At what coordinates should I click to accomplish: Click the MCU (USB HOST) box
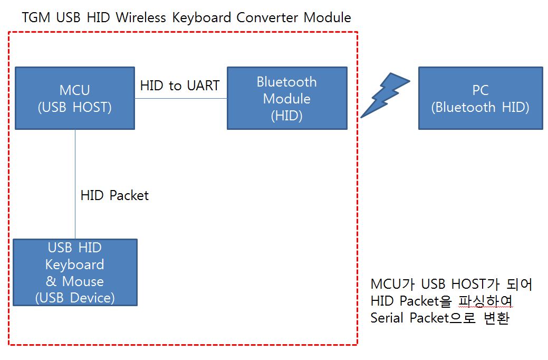pyautogui.click(x=75, y=98)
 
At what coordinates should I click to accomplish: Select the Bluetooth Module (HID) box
pyautogui.click(x=287, y=98)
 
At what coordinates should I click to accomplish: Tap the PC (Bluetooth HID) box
pyautogui.click(x=480, y=98)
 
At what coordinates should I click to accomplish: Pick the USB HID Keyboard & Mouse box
pyautogui.click(x=75, y=272)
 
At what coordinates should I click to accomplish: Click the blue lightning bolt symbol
pyautogui.click(x=384, y=95)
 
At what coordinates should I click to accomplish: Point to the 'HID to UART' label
pyautogui.click(x=180, y=86)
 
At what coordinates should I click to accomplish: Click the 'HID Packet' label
pyautogui.click(x=114, y=195)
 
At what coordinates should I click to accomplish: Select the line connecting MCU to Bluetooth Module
pyautogui.click(x=181, y=98)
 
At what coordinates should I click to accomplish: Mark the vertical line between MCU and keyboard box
pyautogui.click(x=75, y=184)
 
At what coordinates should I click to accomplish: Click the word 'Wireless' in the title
pyautogui.click(x=141, y=17)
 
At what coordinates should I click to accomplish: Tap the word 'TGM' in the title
pyautogui.click(x=36, y=17)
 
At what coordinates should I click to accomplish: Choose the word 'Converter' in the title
pyautogui.click(x=267, y=17)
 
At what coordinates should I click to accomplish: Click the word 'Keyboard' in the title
pyautogui.click(x=201, y=17)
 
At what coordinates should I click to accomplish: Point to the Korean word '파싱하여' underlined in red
pyautogui.click(x=485, y=301)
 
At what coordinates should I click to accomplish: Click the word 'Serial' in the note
pyautogui.click(x=387, y=318)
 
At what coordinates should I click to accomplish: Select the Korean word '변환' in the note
pyautogui.click(x=496, y=318)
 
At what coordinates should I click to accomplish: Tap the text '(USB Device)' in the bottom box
pyautogui.click(x=75, y=298)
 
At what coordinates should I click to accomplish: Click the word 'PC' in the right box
pyautogui.click(x=480, y=90)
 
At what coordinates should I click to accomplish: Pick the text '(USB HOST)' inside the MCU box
pyautogui.click(x=75, y=107)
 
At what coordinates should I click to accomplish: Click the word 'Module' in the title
pyautogui.click(x=327, y=17)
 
